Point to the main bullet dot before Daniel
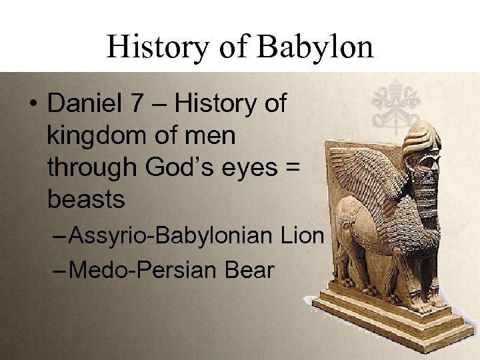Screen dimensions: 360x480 coord(33,105)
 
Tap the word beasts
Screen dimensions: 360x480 coord(86,199)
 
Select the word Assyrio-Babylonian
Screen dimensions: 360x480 coord(171,235)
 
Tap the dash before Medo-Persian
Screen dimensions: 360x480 coord(59,271)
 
